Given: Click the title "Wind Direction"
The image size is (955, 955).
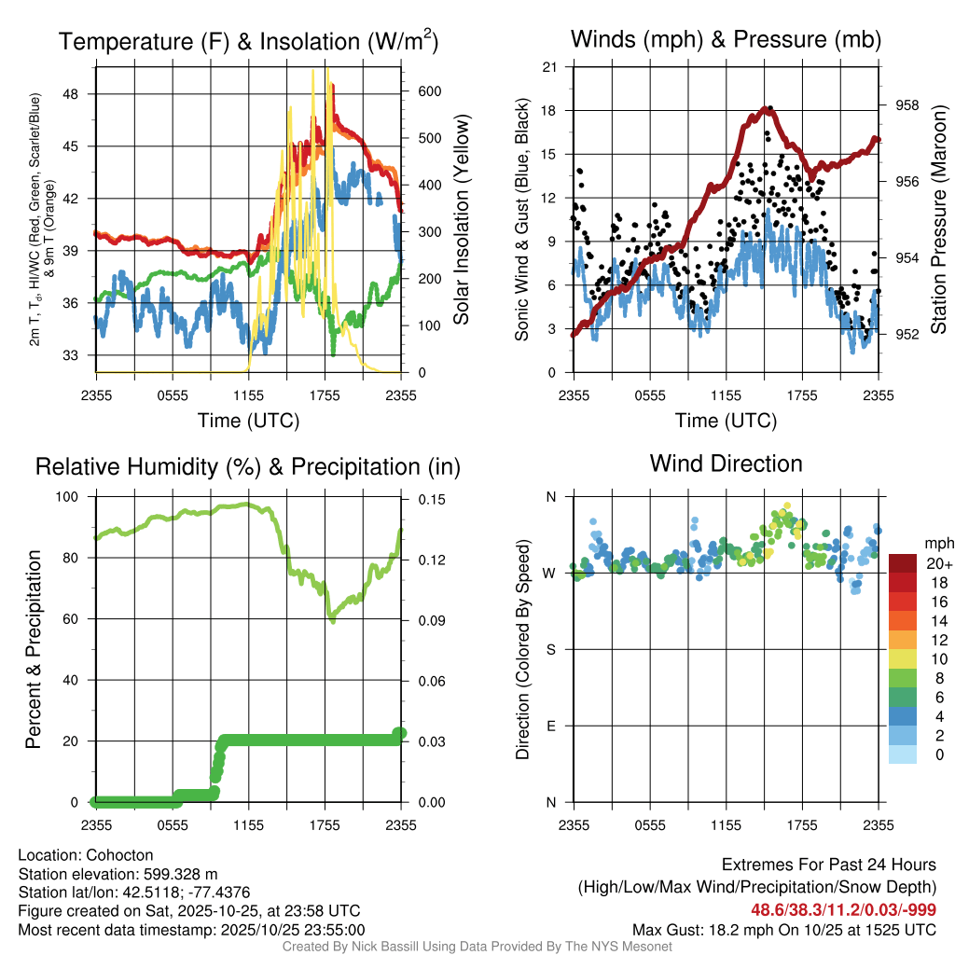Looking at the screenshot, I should click(726, 464).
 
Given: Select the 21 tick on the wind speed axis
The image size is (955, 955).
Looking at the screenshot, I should click(550, 66).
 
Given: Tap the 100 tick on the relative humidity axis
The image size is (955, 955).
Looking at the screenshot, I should click(70, 497).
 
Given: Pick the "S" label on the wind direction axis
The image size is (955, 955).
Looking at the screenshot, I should click(550, 649).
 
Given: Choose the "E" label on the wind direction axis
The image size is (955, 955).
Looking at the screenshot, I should click(550, 726).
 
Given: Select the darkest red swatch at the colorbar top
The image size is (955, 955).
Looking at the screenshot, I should click(904, 563).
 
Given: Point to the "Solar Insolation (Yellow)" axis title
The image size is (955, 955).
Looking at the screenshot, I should click(461, 220).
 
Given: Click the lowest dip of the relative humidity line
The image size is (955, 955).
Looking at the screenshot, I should click(332, 618).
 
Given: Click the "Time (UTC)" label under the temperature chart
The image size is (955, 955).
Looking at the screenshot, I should click(248, 421).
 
